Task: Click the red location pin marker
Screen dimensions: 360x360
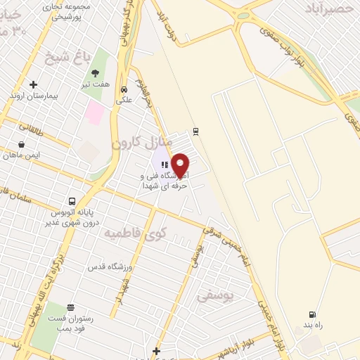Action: tap(181, 165)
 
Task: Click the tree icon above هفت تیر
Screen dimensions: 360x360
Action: tap(95, 72)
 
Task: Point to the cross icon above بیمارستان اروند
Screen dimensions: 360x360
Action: tap(33, 84)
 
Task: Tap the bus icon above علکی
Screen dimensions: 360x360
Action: tap(124, 89)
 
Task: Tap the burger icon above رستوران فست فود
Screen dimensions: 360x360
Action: tap(70, 307)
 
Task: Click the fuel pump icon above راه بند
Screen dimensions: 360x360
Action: tap(311, 314)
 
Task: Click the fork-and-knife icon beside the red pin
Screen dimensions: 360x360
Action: tap(164, 164)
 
